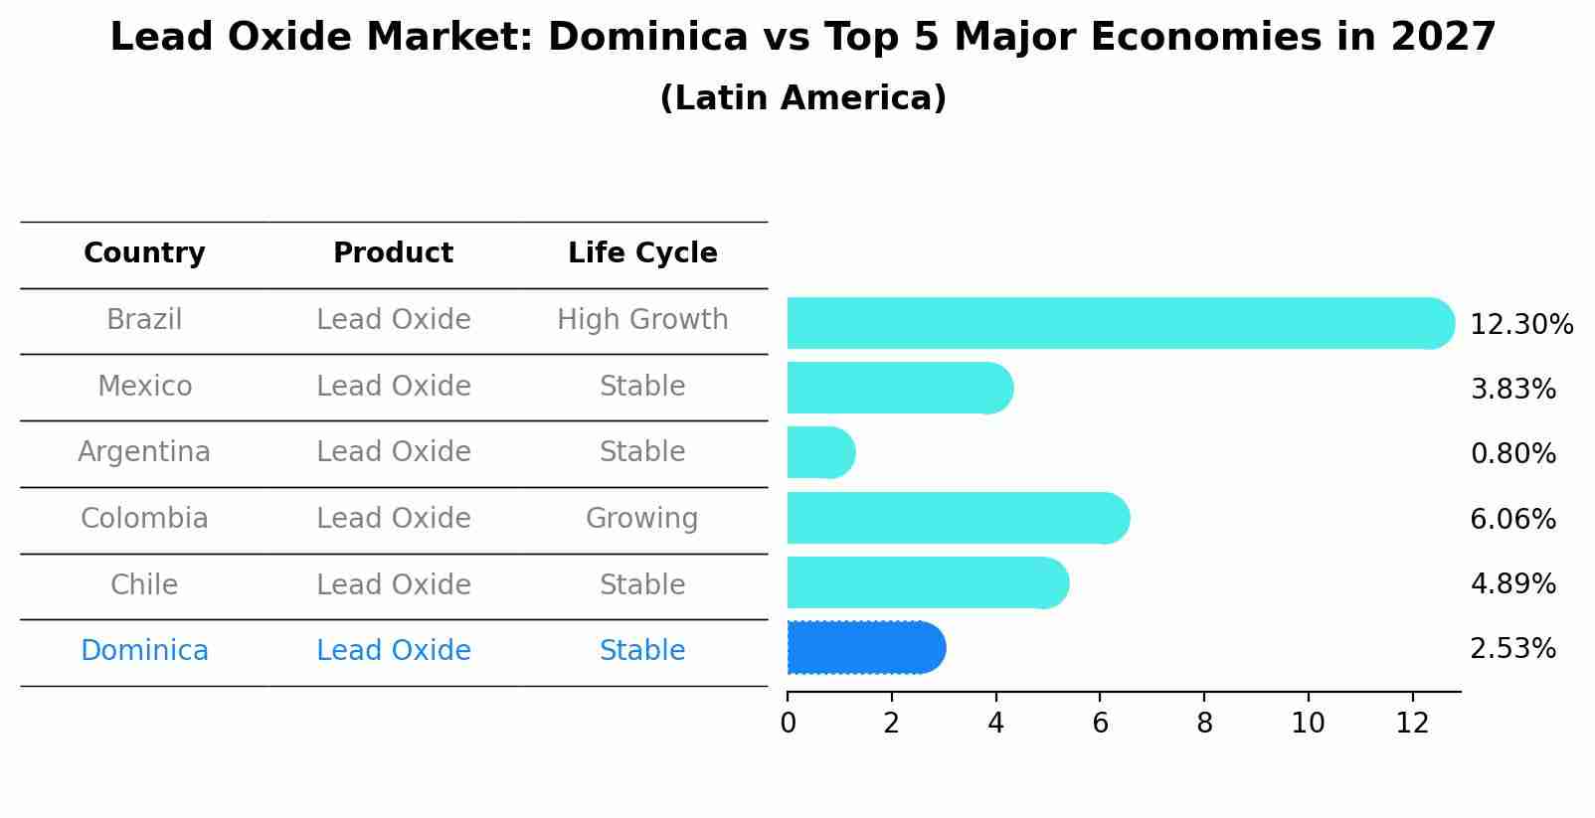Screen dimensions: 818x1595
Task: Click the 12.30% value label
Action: [x=1520, y=325]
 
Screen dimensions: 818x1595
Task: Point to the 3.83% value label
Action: [x=1512, y=390]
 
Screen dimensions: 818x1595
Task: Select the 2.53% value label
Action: [x=1512, y=649]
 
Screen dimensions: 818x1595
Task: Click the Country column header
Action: [x=144, y=253]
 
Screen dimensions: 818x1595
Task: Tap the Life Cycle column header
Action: [x=642, y=253]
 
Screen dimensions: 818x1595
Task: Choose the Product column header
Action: [x=393, y=253]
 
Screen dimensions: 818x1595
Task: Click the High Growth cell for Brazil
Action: [x=642, y=320]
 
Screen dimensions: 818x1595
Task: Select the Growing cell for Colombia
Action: [x=642, y=519]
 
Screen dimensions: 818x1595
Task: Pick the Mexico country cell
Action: [x=144, y=386]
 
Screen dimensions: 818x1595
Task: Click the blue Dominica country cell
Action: [x=144, y=651]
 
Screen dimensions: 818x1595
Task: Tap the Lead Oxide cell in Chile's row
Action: [x=393, y=584]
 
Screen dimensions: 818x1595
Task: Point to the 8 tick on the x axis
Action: [x=1204, y=724]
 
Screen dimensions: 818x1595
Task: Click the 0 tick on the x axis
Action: [x=788, y=724]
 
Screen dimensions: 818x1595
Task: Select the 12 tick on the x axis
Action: [x=1412, y=724]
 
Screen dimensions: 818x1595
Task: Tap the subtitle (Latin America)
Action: [x=802, y=98]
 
